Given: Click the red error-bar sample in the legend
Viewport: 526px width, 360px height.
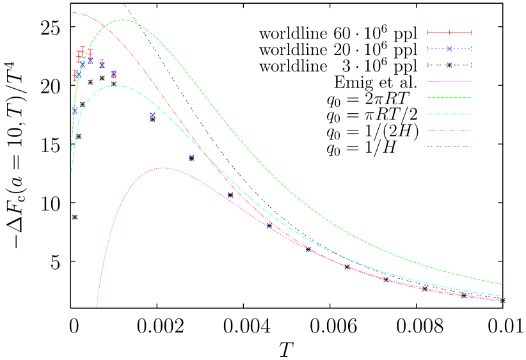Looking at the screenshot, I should click(449, 33).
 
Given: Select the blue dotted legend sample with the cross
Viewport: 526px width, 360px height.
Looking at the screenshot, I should click(449, 49).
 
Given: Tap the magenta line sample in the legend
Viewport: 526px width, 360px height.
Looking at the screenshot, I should click(449, 81).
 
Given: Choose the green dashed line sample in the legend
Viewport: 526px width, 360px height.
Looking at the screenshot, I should click(449, 98).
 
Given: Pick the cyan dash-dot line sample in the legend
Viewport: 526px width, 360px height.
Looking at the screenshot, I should click(449, 114).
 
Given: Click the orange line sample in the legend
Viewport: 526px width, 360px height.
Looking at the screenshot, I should click(449, 130).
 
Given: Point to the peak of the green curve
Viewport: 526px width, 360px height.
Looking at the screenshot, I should click(123, 20).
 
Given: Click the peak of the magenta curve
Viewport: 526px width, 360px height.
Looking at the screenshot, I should click(163, 168).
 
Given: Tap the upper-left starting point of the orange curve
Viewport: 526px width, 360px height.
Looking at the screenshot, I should click(72, 13).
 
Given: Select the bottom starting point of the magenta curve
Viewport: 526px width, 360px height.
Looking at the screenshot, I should click(97, 307).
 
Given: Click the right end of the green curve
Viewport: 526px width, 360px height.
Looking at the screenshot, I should click(502, 284).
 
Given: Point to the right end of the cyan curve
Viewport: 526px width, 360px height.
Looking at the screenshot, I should click(502, 296).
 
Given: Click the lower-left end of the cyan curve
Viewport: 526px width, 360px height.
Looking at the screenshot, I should click(71, 171).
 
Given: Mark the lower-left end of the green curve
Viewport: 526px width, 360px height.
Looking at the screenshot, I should click(71, 151).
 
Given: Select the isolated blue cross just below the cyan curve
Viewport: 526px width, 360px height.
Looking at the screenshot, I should click(152, 115).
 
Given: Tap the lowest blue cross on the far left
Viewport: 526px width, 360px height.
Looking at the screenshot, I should click(75, 111).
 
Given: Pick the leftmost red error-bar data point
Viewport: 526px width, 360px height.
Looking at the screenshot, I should click(75, 75).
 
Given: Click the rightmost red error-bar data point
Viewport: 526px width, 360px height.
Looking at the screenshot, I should click(113, 74).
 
